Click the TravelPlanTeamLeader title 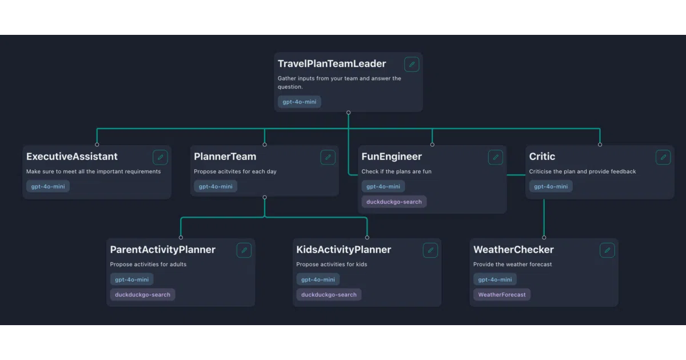point(332,63)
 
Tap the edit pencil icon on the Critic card point(663,157)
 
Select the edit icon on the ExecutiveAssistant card point(160,157)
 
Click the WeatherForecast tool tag point(502,294)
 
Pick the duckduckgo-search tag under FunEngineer point(394,202)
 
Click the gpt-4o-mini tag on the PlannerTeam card point(216,186)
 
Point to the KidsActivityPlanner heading point(344,250)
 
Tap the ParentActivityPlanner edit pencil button point(244,250)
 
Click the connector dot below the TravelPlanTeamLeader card point(349,113)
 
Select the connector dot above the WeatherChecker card point(544,238)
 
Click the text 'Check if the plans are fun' point(396,171)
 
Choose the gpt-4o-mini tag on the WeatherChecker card point(495,279)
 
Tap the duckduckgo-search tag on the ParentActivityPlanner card point(142,294)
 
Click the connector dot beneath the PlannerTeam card point(265,198)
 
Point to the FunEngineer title point(392,157)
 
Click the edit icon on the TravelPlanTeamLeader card point(412,64)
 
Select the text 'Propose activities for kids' point(332,264)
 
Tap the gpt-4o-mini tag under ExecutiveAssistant point(48,186)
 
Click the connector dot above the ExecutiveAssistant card point(97,145)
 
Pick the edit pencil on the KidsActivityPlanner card point(430,250)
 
